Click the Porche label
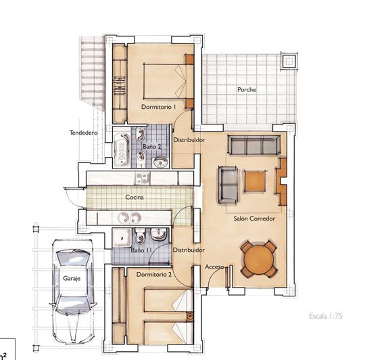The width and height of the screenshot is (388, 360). point(247,90)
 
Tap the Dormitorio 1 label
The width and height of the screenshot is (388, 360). point(158,107)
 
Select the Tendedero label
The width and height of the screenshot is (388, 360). point(84,133)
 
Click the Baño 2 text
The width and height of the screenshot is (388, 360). point(151,145)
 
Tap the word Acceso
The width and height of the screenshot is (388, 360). point(214,267)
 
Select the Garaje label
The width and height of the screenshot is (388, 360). point(72,278)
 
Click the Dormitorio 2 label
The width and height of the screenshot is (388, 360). point(153,275)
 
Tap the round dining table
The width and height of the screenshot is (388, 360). point(260,258)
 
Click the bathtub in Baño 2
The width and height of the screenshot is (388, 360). point(122,150)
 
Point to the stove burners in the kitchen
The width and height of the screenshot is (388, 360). point(143,179)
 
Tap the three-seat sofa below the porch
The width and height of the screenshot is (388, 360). point(253,145)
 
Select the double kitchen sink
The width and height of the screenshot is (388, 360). point(129,218)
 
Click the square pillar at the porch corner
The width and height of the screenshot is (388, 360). point(289,61)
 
